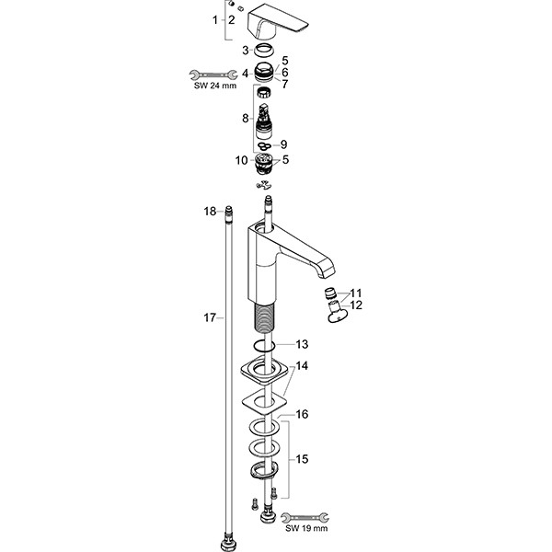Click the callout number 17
tap(209, 317)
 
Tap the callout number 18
tap(209, 212)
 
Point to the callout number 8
tap(246, 118)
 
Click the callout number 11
tap(356, 293)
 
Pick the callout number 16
tap(302, 415)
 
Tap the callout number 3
tap(245, 50)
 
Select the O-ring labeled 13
tap(265, 346)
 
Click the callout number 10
tap(241, 160)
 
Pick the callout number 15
tap(302, 459)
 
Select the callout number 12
tap(356, 305)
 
